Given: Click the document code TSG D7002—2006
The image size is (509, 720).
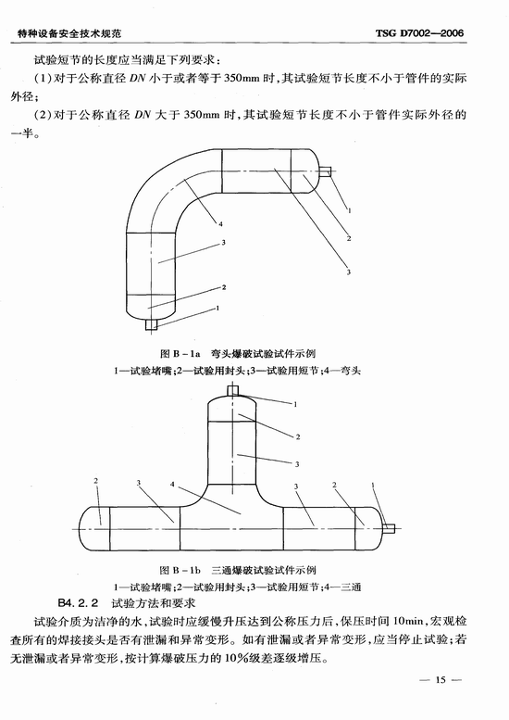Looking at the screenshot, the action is (419, 33).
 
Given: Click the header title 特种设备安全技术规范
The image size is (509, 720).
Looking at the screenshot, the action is (69, 33).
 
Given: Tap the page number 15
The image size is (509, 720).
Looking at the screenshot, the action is (441, 679).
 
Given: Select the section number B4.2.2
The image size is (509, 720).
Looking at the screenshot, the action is (79, 602).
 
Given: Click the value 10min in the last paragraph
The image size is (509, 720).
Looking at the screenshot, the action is (408, 621).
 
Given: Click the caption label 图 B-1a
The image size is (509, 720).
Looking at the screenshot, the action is (180, 354).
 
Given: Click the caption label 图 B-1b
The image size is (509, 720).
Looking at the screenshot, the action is (180, 570).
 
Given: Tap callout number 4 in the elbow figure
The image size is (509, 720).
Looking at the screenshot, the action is (220, 224).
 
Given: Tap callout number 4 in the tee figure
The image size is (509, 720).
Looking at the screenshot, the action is (172, 485).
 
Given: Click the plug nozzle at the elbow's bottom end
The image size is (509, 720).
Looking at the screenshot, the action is (152, 324).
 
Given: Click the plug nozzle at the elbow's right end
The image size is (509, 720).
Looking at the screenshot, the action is (325, 171).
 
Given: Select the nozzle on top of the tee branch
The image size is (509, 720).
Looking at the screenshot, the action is (233, 391).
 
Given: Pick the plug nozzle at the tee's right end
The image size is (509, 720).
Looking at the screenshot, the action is (390, 528).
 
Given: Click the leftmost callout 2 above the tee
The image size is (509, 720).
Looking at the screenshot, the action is (96, 481).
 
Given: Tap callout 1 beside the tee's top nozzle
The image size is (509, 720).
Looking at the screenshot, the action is (296, 405).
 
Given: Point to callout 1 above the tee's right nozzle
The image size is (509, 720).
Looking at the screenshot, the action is (373, 485).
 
